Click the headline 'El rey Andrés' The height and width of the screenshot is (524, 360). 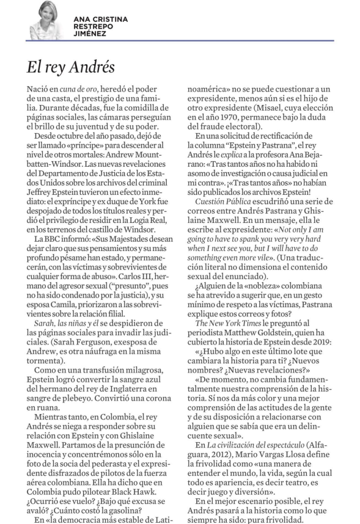[x=71, y=66]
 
